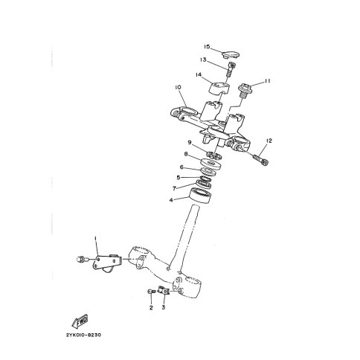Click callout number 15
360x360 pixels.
coord(208,46)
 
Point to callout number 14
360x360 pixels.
coord(200,75)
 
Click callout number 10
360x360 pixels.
coord(179,88)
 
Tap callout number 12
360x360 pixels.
coord(269,141)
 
